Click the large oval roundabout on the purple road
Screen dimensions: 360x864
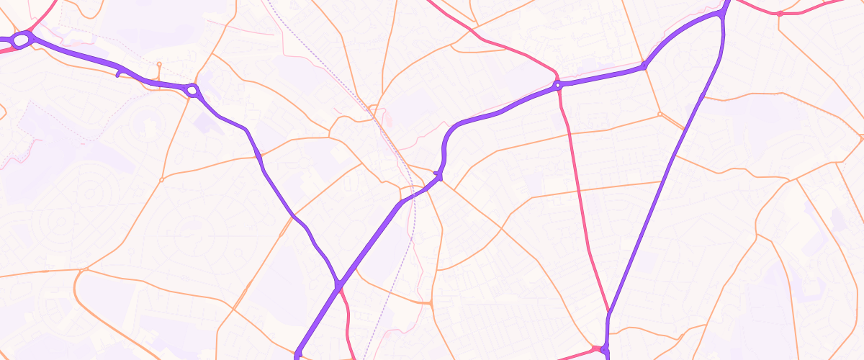[x=21, y=40]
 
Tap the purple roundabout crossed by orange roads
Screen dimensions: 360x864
[x=192, y=90]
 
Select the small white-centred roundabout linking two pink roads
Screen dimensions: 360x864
[x=557, y=85]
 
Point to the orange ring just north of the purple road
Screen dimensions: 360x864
[x=159, y=65]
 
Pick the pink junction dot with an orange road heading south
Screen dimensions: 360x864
[x=780, y=13]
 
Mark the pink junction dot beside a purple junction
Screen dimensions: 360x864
[x=595, y=348]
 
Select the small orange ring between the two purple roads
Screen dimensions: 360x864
[x=660, y=114]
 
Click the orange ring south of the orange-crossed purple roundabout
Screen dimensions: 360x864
[x=161, y=179]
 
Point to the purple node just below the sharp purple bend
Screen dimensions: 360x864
[x=438, y=175]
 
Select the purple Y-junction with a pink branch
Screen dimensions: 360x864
[x=338, y=286]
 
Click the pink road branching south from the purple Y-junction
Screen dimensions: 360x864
[x=348, y=317]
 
